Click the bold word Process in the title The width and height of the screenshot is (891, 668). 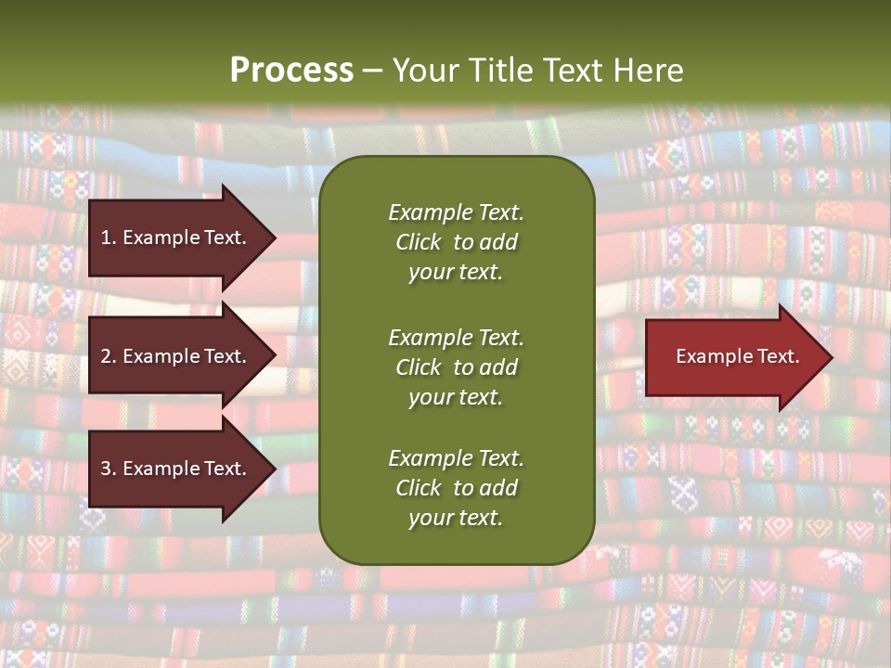pyautogui.click(x=291, y=71)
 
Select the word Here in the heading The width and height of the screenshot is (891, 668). pyautogui.click(x=649, y=71)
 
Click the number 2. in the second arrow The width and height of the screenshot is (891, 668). pyautogui.click(x=109, y=356)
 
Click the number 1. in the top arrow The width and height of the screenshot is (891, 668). pyautogui.click(x=109, y=238)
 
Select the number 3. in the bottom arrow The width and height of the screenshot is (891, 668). pyautogui.click(x=109, y=469)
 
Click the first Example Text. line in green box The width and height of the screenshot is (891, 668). pyautogui.click(x=456, y=212)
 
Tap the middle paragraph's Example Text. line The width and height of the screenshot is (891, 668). pyautogui.click(x=456, y=338)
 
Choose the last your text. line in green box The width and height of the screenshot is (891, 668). pyautogui.click(x=456, y=518)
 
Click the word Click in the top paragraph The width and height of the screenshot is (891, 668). pyautogui.click(x=418, y=242)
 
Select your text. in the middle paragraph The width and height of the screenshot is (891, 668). pyautogui.click(x=456, y=397)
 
